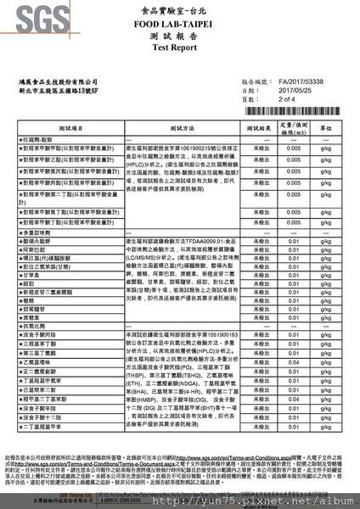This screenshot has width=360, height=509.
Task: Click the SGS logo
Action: pyautogui.click(x=32, y=19)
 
